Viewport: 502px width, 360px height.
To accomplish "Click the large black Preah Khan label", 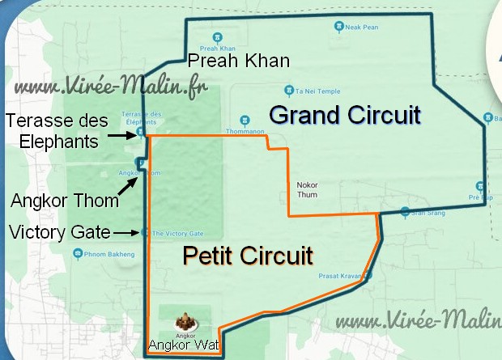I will (238, 61).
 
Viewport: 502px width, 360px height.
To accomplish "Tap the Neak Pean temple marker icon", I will (338, 27).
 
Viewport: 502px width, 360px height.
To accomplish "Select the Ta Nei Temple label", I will (315, 91).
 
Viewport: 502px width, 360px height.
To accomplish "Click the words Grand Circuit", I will (345, 115).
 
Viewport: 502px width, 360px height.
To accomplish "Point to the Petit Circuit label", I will (247, 256).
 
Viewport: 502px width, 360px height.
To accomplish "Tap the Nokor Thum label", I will (308, 188).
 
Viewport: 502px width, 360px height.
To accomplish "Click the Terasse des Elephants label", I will (51, 131).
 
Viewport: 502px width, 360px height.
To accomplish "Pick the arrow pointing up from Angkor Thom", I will (127, 182).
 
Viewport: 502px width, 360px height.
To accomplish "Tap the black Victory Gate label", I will (58, 233).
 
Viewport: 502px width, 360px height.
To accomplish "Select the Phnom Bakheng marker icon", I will (78, 253).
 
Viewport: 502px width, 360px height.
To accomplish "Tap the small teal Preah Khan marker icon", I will (218, 37).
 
